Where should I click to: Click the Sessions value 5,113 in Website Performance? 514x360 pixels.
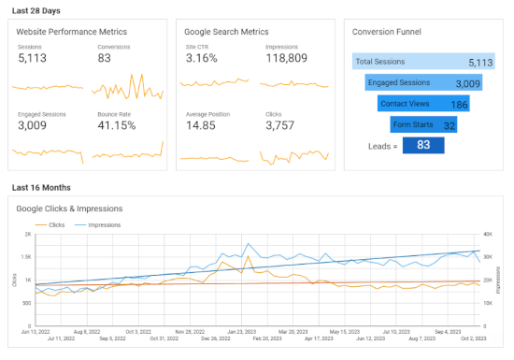(x=34, y=59)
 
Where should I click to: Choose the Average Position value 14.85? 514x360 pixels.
(x=205, y=125)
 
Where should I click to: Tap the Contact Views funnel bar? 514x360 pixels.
(x=423, y=104)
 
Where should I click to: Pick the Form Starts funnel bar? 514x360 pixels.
(x=423, y=124)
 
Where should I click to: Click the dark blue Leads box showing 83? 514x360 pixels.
(x=423, y=146)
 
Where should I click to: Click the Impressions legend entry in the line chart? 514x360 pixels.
(x=105, y=225)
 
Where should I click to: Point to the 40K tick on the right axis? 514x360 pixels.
(x=488, y=235)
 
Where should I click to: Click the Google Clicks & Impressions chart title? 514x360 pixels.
(x=69, y=208)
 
